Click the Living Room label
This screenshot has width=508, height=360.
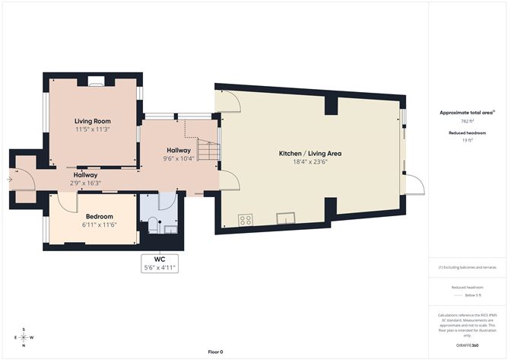click(93, 121)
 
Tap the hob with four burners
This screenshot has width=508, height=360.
click(246, 220)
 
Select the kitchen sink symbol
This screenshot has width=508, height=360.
click(286, 219)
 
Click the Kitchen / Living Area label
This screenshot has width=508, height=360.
click(310, 154)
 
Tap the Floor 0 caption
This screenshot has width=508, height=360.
click(217, 352)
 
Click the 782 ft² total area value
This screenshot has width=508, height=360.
click(466, 121)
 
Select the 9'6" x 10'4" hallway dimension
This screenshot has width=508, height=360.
click(179, 158)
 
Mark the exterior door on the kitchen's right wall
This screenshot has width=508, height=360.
click(413, 183)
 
